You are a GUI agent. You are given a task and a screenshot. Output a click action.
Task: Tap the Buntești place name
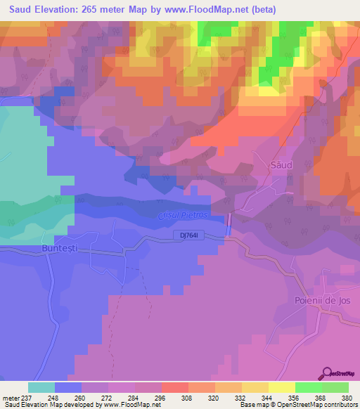tap(41, 249)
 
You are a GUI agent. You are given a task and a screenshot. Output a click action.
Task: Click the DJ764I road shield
tap(190, 236)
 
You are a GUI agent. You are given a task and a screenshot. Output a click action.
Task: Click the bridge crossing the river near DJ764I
tap(229, 225)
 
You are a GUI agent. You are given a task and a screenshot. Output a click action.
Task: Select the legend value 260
tap(69, 397)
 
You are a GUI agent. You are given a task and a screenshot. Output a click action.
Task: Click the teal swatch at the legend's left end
tap(41, 387)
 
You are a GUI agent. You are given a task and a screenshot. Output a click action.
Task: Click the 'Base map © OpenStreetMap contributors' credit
tap(297, 405)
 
